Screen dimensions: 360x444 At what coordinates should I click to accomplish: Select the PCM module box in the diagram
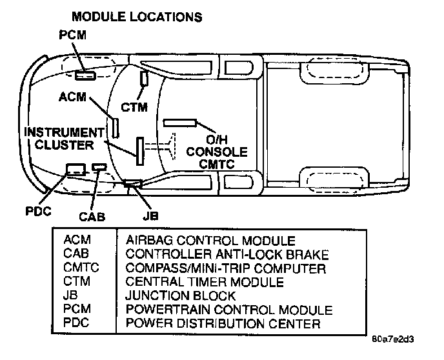[85, 75]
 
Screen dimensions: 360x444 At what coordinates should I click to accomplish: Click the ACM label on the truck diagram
[72, 98]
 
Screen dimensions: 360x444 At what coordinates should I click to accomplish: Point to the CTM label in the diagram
[135, 106]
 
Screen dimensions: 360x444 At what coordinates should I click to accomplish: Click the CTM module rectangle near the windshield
[145, 79]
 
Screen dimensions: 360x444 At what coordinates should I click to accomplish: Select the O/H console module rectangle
[180, 122]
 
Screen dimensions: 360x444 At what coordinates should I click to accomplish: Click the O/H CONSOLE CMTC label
[217, 152]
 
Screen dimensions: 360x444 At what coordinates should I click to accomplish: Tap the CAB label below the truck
[93, 217]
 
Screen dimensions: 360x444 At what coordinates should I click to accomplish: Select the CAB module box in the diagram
[99, 167]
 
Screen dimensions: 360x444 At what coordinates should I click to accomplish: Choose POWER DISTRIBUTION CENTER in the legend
[223, 323]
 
